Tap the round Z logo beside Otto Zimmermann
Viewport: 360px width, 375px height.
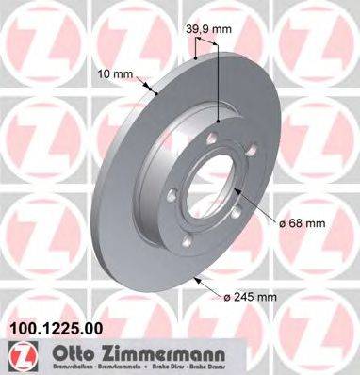pyautogui.click(x=16, y=353)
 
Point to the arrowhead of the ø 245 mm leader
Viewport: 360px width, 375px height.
pyautogui.click(x=195, y=277)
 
